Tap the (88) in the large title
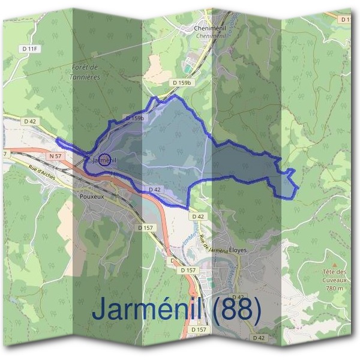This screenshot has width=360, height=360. pos(234,310)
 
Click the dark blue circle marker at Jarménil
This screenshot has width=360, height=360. pos(104,159)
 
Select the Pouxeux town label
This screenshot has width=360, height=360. pos(92,196)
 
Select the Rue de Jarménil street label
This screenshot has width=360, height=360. pos(213,242)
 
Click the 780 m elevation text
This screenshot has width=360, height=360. pos(334,288)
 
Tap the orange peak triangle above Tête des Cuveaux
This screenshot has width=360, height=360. pos(334,264)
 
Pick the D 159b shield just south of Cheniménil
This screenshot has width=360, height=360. pos(181,83)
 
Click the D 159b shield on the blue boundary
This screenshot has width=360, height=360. pos(135,119)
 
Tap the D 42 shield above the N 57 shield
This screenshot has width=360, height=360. pos(31,121)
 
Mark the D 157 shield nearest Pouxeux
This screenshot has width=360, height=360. pos(146,228)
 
